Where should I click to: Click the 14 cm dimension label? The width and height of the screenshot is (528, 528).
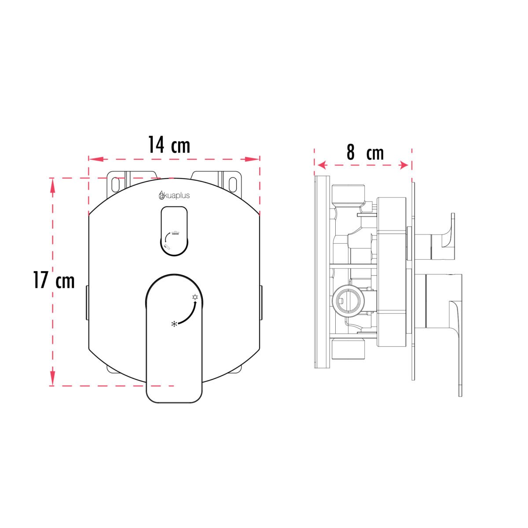(x=169, y=145)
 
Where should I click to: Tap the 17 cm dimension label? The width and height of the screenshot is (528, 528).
(x=54, y=280)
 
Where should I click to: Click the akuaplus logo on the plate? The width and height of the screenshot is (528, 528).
(x=174, y=195)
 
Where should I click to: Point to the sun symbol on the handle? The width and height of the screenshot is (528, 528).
(x=195, y=297)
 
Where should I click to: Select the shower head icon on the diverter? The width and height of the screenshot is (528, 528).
(x=175, y=233)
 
